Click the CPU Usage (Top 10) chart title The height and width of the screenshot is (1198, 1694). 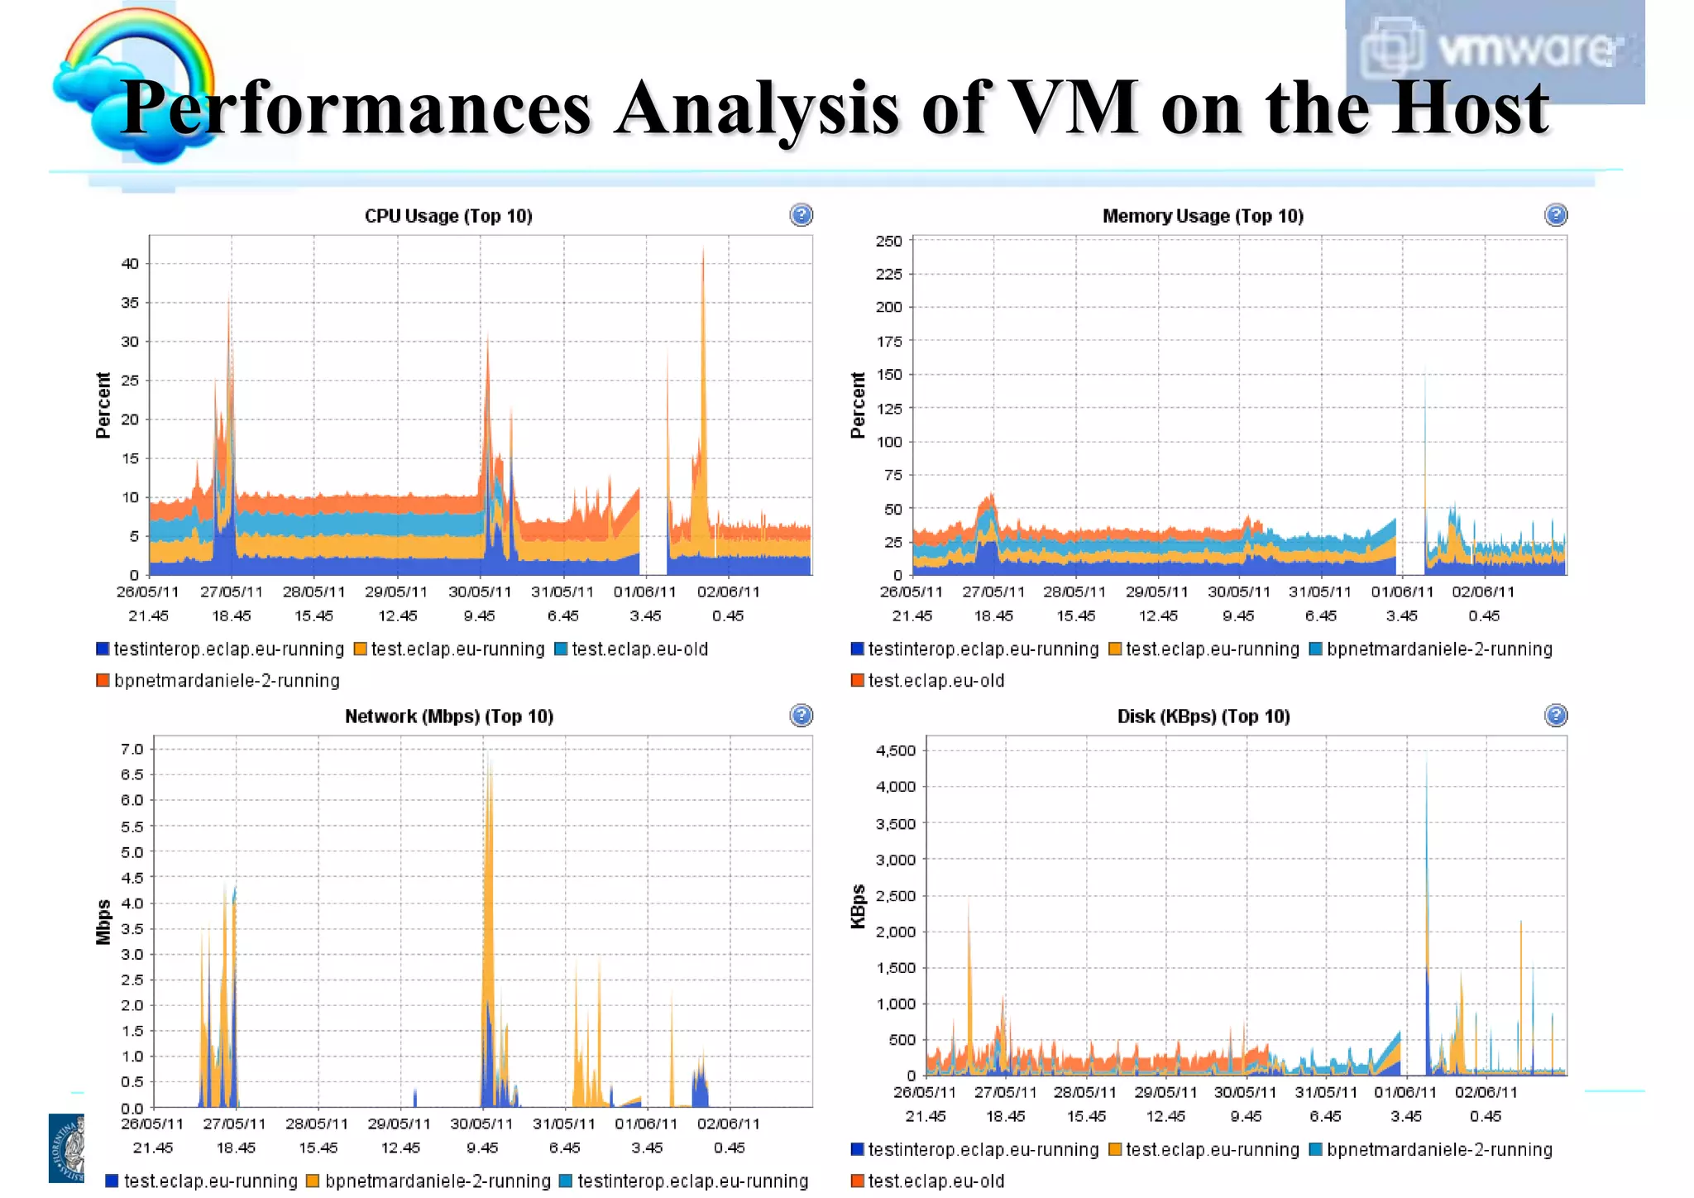click(448, 216)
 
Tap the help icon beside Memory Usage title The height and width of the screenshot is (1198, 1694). click(1555, 215)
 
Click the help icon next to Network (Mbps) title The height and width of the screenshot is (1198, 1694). click(801, 716)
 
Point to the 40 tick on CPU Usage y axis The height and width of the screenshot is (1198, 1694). click(130, 264)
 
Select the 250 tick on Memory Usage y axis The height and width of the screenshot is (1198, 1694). click(888, 241)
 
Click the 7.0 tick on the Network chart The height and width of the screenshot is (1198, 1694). click(132, 749)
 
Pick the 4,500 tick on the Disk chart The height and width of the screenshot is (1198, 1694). click(895, 750)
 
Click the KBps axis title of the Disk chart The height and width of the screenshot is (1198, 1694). click(858, 907)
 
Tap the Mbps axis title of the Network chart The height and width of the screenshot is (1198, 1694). click(103, 921)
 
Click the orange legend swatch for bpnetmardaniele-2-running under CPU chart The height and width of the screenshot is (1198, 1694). click(103, 680)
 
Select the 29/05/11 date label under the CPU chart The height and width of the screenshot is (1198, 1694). click(396, 592)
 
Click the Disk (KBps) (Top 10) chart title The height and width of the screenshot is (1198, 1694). click(1203, 716)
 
